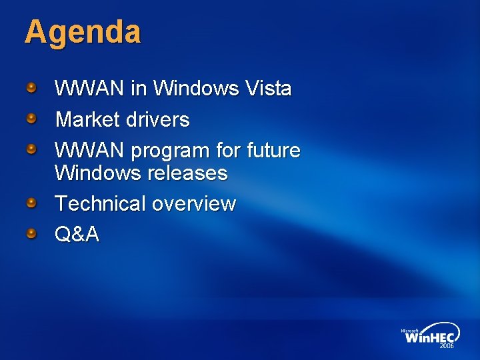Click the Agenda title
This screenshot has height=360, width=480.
click(x=83, y=32)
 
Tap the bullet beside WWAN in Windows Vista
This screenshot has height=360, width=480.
click(x=31, y=87)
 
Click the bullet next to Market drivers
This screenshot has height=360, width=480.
click(x=31, y=119)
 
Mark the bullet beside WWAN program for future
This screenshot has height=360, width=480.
click(x=31, y=149)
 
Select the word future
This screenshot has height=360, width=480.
click(x=273, y=151)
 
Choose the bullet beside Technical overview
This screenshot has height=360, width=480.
click(x=31, y=202)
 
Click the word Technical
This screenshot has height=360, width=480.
click(x=100, y=203)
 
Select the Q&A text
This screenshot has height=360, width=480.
click(x=77, y=235)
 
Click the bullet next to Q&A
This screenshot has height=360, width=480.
click(x=31, y=233)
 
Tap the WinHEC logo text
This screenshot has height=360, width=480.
click(x=429, y=337)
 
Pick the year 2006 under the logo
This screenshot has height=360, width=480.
click(x=446, y=347)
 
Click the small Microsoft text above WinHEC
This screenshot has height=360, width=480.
click(x=409, y=330)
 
